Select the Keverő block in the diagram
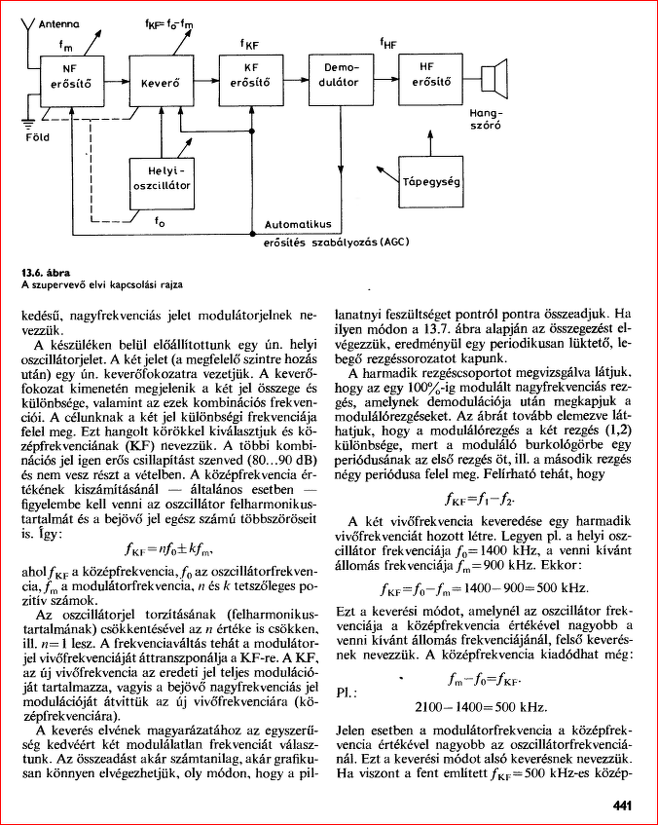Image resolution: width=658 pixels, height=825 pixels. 162,85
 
